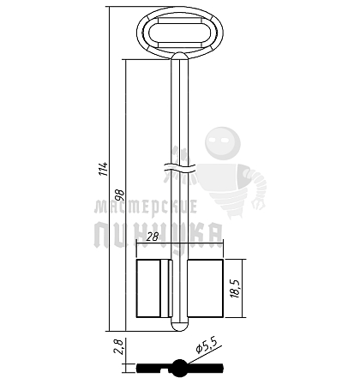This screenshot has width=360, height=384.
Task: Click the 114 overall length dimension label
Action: (x=105, y=169)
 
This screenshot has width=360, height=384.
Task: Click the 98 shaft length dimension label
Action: (x=120, y=195)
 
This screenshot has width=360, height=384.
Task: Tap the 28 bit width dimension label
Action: (x=153, y=237)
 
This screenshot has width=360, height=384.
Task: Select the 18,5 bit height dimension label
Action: (x=236, y=288)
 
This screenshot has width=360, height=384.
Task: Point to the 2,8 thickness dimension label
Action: (x=118, y=346)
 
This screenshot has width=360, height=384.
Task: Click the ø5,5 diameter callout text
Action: (x=207, y=345)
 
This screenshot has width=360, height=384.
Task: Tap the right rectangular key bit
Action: (x=205, y=288)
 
